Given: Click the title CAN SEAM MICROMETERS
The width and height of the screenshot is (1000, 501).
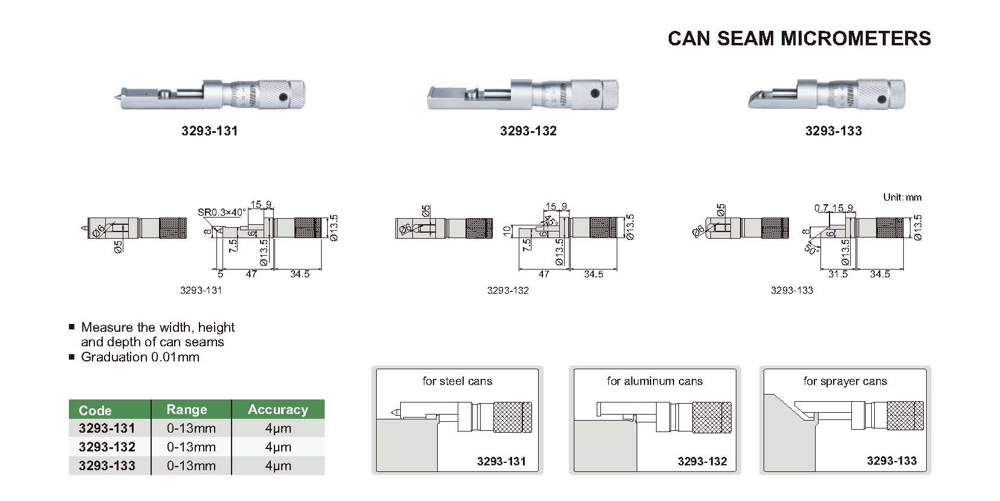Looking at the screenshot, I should click(x=799, y=39).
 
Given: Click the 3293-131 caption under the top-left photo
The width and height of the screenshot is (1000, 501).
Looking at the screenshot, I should click(x=209, y=131).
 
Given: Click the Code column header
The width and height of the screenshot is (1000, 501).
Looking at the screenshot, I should click(x=95, y=410).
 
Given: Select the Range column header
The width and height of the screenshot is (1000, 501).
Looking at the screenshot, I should click(x=187, y=410).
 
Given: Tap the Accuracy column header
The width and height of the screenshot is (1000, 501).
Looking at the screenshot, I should click(x=278, y=410).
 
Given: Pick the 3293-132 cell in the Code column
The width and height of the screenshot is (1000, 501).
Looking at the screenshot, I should click(x=107, y=447).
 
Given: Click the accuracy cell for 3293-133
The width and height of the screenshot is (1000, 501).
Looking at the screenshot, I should click(x=278, y=466).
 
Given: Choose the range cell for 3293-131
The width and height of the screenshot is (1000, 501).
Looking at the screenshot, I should click(x=191, y=428).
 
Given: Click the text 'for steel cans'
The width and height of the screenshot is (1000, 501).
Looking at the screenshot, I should click(x=457, y=381).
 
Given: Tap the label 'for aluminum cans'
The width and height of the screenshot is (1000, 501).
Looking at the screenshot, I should click(x=654, y=381).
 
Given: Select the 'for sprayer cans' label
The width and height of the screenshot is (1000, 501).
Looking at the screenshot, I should click(x=845, y=381).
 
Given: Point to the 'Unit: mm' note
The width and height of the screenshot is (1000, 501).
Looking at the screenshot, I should click(x=902, y=198).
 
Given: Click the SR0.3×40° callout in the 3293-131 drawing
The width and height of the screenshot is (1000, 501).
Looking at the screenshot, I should click(x=222, y=212).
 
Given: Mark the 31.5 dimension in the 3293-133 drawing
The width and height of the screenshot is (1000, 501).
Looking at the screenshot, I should click(x=837, y=274).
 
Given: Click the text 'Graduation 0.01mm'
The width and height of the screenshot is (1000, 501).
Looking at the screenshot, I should click(x=140, y=357).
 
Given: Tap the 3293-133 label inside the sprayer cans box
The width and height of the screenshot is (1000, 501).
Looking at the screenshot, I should click(x=891, y=461).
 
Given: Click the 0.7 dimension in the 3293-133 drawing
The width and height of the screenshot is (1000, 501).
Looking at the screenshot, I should click(x=820, y=208).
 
